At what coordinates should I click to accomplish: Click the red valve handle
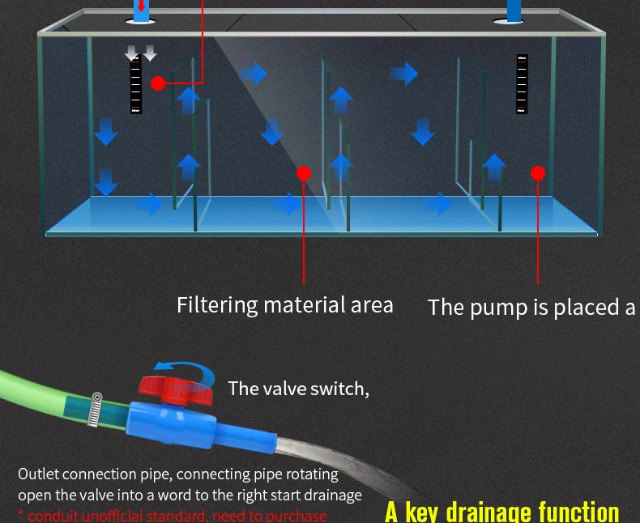click(175, 389)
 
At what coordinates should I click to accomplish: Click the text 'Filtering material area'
click(284, 305)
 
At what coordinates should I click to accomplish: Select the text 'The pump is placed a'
click(531, 308)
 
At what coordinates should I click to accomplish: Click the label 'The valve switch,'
click(298, 389)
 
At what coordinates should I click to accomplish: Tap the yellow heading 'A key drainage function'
click(501, 511)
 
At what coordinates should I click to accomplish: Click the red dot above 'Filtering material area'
click(304, 172)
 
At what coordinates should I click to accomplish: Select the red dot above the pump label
click(538, 172)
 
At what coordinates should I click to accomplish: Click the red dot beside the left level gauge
click(158, 83)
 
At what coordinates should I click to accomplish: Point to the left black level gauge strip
click(136, 85)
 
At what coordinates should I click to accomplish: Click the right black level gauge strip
click(522, 83)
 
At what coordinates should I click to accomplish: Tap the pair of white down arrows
click(141, 53)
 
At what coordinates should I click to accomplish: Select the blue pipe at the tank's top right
click(514, 10)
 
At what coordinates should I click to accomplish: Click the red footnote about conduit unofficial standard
click(173, 515)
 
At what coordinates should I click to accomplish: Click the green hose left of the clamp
click(41, 392)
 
